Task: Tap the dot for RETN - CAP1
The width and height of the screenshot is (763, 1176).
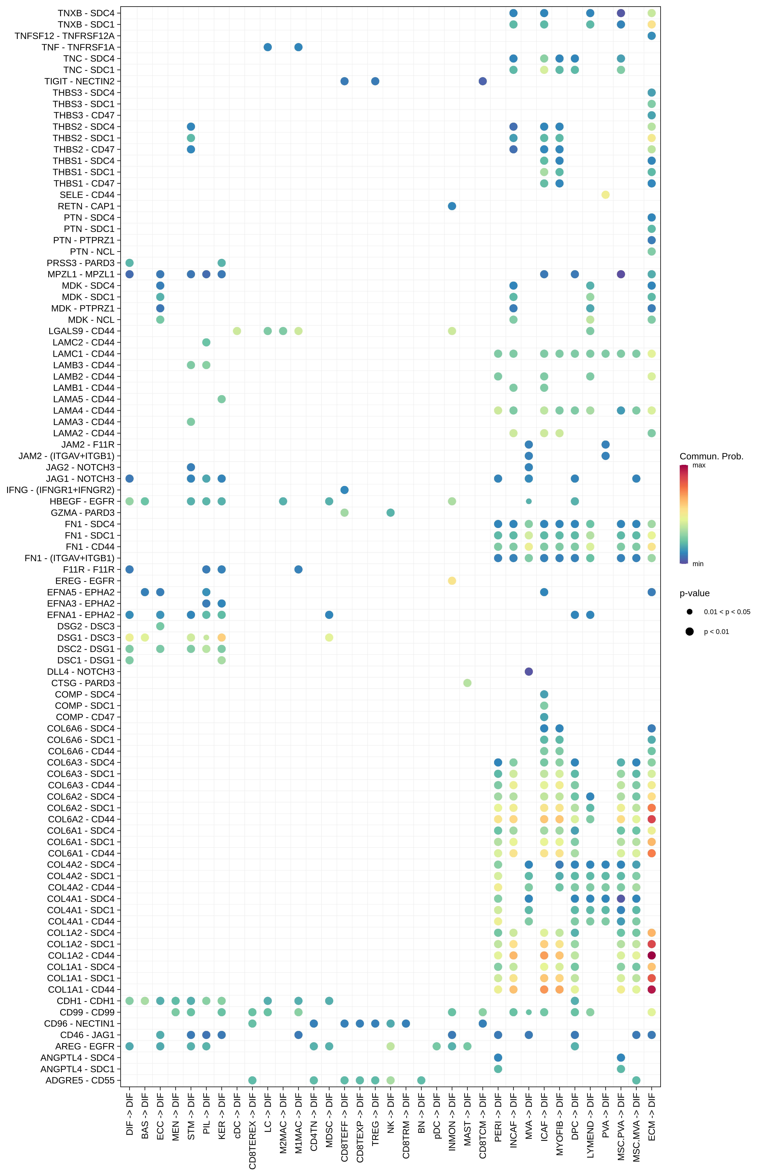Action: click(452, 206)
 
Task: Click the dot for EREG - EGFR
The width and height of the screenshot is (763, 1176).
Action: click(452, 581)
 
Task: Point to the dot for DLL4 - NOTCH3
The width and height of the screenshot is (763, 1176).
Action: click(528, 671)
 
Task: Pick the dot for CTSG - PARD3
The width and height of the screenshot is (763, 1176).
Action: click(467, 683)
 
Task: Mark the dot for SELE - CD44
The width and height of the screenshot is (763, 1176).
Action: click(605, 195)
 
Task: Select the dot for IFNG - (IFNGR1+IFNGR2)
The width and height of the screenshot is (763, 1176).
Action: click(345, 490)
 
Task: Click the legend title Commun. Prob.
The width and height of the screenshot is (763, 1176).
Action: click(711, 456)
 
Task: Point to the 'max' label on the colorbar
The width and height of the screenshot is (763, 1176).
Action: click(699, 465)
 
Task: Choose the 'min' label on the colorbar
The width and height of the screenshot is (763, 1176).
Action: click(698, 564)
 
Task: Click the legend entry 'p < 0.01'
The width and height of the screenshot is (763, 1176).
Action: click(716, 631)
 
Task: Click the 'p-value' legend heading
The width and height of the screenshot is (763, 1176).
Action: click(694, 593)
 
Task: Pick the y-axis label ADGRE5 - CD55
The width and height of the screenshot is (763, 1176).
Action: click(80, 1080)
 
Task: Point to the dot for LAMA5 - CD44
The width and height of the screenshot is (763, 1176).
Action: click(222, 399)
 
